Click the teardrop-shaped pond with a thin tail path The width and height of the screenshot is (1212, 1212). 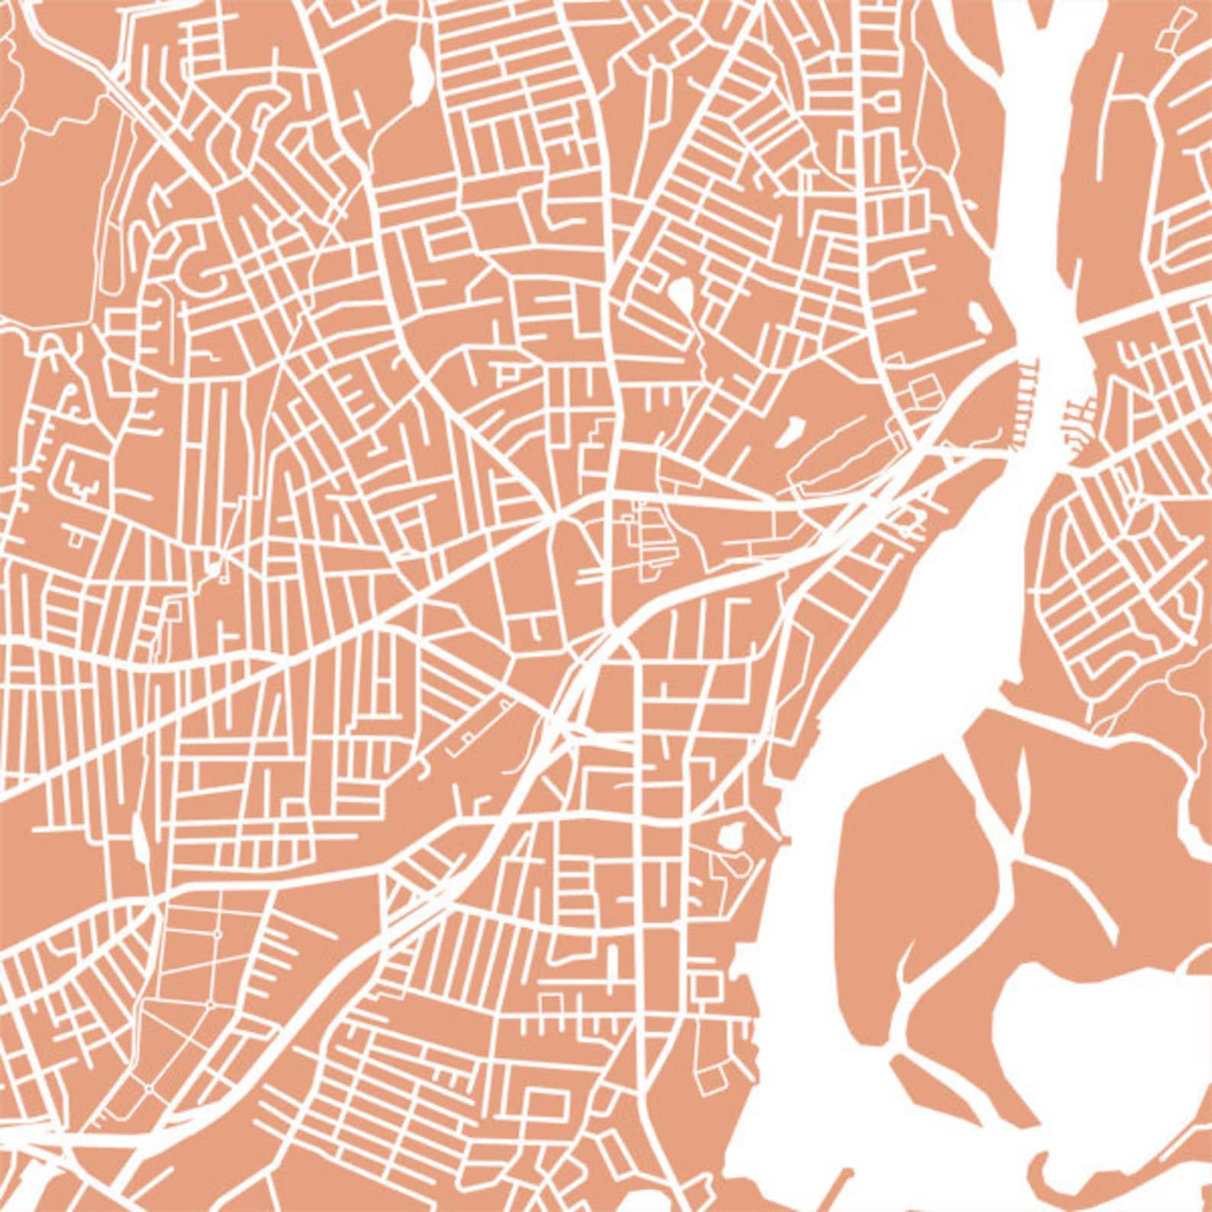[681, 293]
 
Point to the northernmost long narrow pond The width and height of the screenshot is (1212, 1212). [419, 73]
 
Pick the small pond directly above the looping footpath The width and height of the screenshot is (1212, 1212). [732, 835]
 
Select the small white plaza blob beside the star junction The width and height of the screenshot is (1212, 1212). [213, 569]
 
